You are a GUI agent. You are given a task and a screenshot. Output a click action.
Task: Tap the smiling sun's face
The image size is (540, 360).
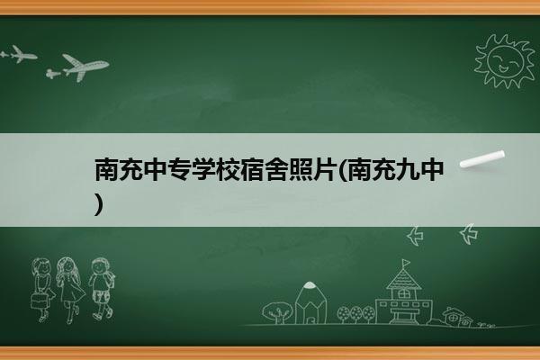pos(505,60)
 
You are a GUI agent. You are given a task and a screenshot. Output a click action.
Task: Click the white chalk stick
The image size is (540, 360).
pos(482,159)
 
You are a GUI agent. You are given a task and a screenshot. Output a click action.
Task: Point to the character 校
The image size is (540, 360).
pos(228,170)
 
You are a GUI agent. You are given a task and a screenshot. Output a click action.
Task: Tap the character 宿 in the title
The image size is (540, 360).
pos(252,170)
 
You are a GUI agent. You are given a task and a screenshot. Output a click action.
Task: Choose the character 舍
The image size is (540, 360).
pos(276,170)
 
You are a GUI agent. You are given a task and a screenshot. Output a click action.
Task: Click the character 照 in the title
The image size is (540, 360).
pos(301,170)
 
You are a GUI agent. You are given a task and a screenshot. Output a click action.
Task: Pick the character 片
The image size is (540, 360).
pos(324,170)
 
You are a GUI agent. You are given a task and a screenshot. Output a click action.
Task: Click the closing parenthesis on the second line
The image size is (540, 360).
pos(99,204)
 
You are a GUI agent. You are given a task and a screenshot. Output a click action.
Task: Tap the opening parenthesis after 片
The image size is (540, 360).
pos(342,170)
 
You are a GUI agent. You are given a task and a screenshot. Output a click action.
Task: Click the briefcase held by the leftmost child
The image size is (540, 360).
pos(38,301)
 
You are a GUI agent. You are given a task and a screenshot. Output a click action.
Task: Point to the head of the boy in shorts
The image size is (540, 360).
pos(100,266)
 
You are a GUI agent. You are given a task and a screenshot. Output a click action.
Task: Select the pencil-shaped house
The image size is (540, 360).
pos(310,303)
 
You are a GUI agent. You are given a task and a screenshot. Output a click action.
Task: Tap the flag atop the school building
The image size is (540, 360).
pos(407,263)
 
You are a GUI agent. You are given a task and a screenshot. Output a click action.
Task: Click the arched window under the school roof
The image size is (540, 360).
pos(403,294)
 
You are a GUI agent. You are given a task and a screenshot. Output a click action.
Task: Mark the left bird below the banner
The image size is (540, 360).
pos(415,236)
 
